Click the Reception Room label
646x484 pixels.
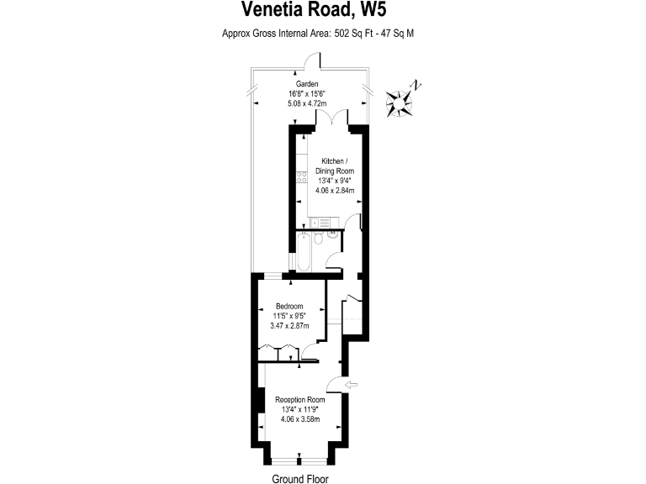(300, 399)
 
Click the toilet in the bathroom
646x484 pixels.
(319, 239)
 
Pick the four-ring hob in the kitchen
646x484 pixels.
(301, 176)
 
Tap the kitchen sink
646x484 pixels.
(320, 223)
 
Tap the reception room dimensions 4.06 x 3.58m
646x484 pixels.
(300, 418)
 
